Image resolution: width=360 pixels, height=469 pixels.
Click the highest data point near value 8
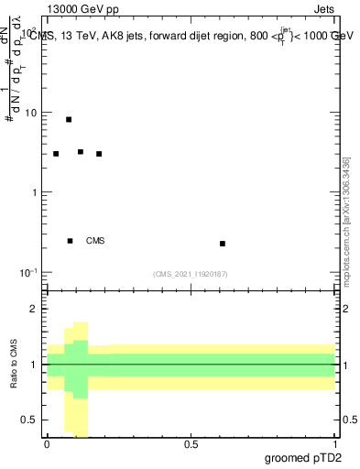(x=69, y=119)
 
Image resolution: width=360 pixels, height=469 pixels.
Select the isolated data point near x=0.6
(x=223, y=244)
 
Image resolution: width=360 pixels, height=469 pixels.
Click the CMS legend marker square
(x=70, y=241)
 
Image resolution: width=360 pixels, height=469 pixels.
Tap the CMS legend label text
(x=95, y=241)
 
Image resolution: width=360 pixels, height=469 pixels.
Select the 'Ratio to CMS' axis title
(x=14, y=365)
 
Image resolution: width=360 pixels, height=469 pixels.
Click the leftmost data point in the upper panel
(x=56, y=154)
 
